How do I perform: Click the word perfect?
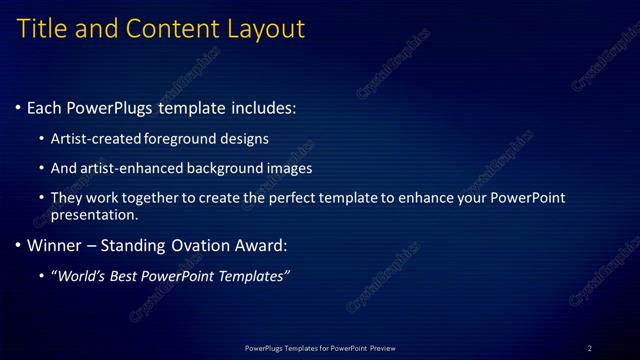(x=328, y=198)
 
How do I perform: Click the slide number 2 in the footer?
(x=590, y=348)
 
